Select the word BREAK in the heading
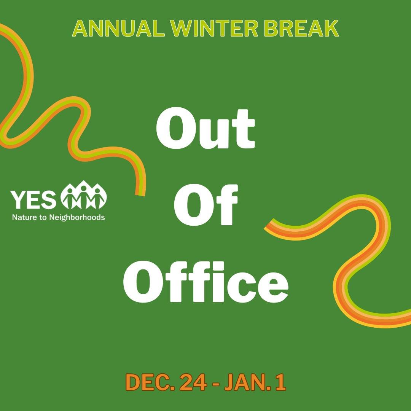tap(297, 29)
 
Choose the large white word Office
tap(205, 282)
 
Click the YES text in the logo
tap(33, 199)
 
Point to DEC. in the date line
tap(149, 382)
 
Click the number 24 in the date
tap(193, 382)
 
